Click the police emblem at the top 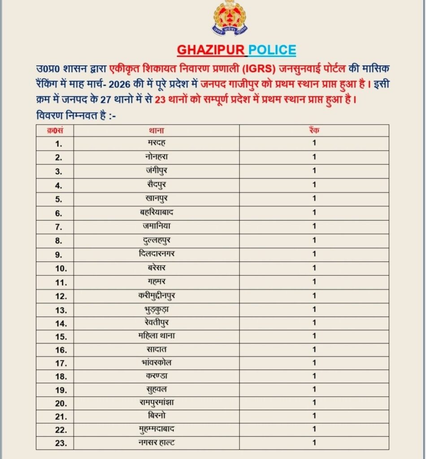tap(230, 18)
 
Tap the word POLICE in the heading tap(272, 50)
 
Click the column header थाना tap(156, 130)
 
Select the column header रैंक tap(314, 130)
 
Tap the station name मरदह tap(156, 143)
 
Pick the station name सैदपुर tap(156, 184)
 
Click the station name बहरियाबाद tap(156, 212)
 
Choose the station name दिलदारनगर tap(156, 254)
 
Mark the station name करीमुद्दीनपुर tap(156, 295)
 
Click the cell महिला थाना tap(156, 336)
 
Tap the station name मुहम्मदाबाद tap(156, 429)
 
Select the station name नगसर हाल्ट tap(156, 443)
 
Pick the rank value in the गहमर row tap(314, 281)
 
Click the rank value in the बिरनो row tap(314, 416)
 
